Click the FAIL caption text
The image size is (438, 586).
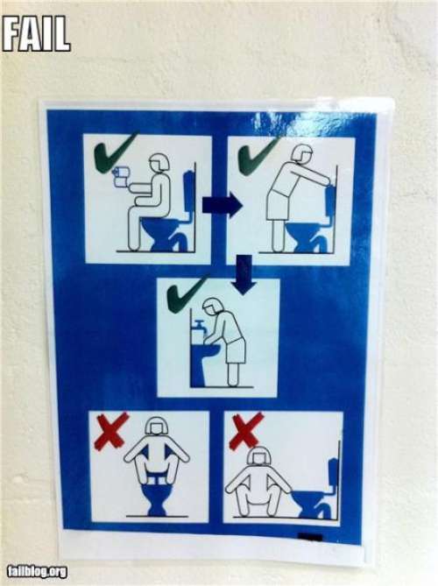pos(36,33)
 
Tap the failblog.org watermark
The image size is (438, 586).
pos(39,571)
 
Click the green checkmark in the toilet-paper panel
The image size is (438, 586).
pos(115,153)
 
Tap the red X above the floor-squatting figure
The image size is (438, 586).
pos(246,430)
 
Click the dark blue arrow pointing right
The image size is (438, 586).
pos(222,205)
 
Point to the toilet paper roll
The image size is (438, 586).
pos(121,176)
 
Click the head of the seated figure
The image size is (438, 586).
pos(159,165)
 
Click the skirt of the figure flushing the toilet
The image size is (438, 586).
pos(279,205)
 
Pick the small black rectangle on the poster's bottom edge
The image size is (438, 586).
pos(310,538)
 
